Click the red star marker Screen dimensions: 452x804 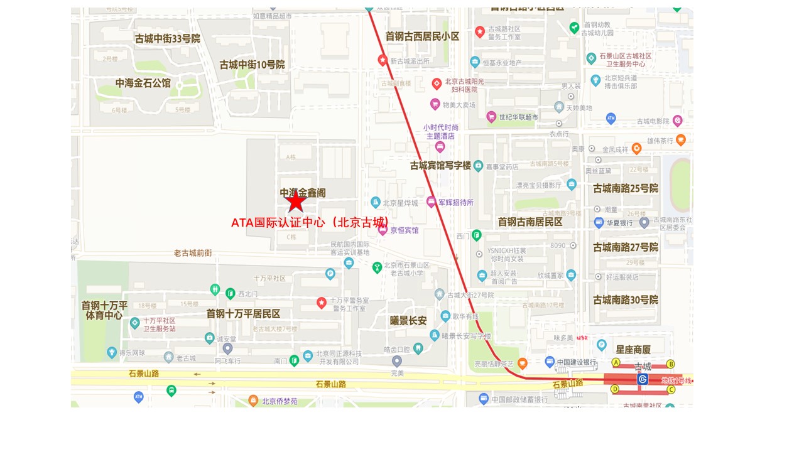tap(295, 202)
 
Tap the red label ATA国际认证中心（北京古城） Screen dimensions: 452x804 tap(310, 222)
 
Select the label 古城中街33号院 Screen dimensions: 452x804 tap(168, 39)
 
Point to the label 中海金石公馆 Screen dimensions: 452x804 tap(143, 83)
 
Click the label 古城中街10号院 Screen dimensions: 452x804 tap(252, 65)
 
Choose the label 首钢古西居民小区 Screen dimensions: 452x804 tap(422, 36)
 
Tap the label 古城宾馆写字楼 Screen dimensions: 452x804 tap(440, 166)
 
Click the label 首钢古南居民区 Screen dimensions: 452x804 tap(530, 222)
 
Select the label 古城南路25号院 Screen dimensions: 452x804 tap(626, 188)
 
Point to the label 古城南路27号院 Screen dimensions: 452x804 tap(626, 247)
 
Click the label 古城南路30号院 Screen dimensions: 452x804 tap(626, 300)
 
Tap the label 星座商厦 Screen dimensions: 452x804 tap(633, 350)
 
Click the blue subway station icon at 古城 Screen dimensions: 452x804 tap(642, 379)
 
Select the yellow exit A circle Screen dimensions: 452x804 tap(616, 363)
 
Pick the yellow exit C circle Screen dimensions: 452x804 tap(671, 390)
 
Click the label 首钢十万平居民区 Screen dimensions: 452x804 tap(243, 314)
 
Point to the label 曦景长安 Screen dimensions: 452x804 tap(408, 321)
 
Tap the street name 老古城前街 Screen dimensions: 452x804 tap(193, 253)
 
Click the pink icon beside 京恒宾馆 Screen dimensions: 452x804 tap(383, 230)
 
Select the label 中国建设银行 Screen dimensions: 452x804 tap(575, 362)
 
